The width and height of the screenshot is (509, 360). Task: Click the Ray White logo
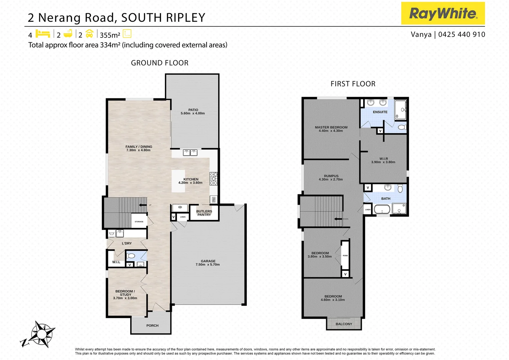click(x=443, y=13)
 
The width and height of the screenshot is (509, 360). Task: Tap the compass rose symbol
click(x=42, y=334)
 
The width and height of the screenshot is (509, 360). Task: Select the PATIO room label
click(x=193, y=110)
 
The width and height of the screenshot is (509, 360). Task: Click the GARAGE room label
click(x=208, y=261)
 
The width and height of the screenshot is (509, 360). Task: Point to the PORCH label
click(x=152, y=326)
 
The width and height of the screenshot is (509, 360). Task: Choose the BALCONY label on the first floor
click(x=344, y=324)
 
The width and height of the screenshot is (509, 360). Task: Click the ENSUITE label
click(x=380, y=112)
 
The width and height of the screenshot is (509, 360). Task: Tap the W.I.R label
click(x=383, y=159)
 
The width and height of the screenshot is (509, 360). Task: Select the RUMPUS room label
click(x=331, y=176)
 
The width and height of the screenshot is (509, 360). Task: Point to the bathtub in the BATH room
click(x=382, y=210)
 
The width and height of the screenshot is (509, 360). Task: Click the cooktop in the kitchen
click(x=214, y=178)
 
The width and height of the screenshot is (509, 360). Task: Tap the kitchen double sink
click(x=190, y=153)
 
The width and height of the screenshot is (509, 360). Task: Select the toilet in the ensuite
click(x=402, y=127)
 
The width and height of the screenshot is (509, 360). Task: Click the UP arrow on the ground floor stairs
click(x=143, y=205)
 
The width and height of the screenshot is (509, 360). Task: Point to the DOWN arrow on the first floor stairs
click(x=338, y=219)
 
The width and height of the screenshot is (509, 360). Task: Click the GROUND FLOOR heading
click(x=160, y=63)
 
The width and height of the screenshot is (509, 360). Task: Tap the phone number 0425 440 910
click(x=461, y=34)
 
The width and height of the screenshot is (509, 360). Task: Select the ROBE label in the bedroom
click(x=345, y=256)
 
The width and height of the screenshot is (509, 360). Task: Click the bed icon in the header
click(x=43, y=34)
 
